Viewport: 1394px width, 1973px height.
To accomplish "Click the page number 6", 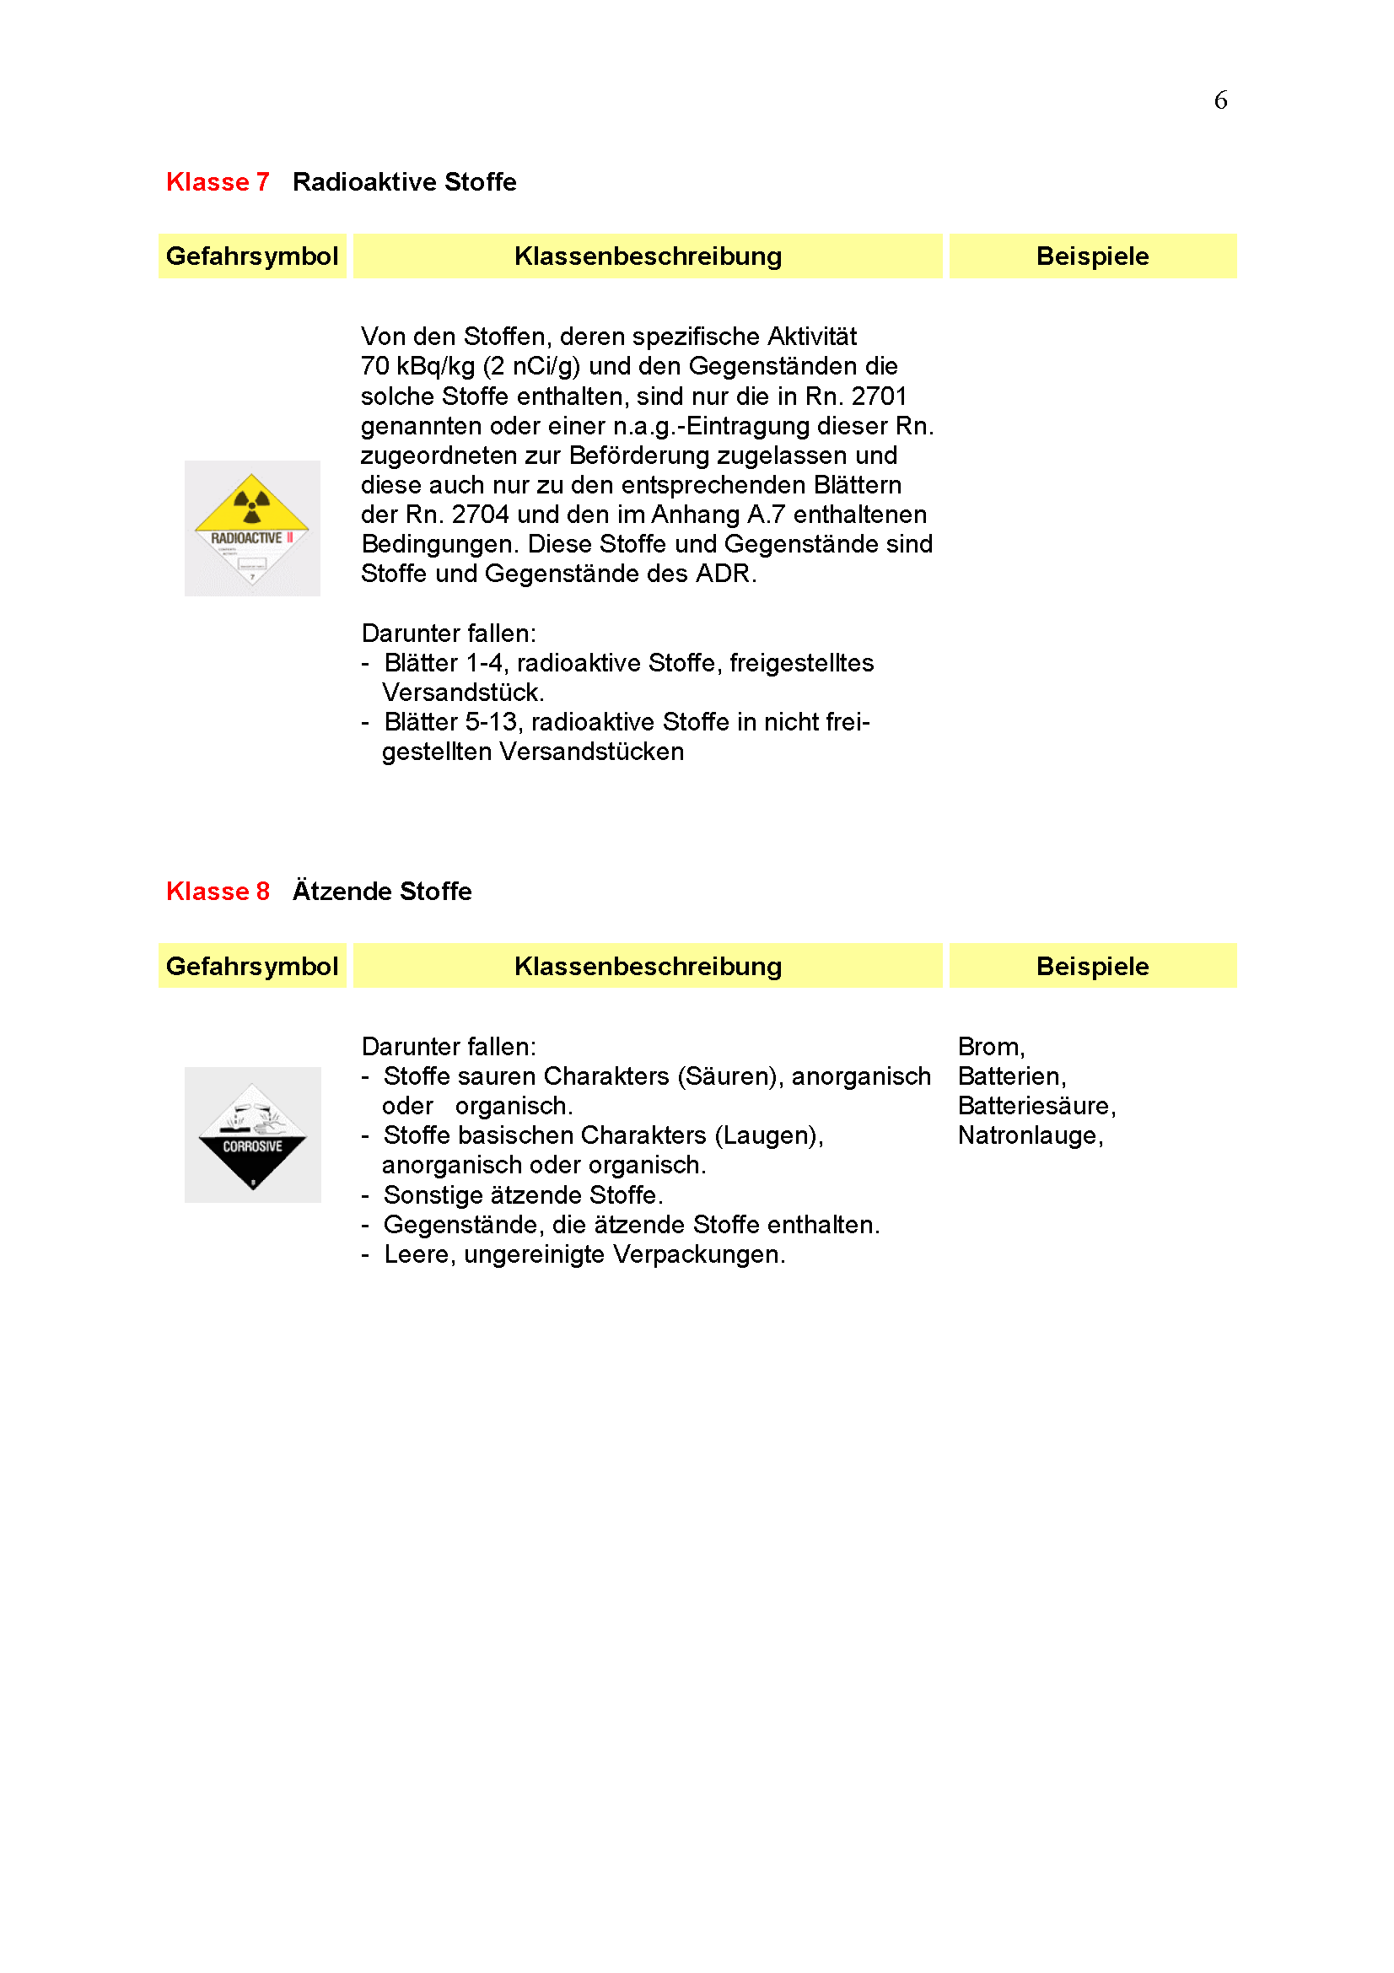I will pyautogui.click(x=1219, y=100).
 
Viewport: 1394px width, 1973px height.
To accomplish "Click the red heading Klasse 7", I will pyautogui.click(x=218, y=182).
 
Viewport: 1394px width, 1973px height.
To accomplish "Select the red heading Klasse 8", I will pyautogui.click(x=218, y=891).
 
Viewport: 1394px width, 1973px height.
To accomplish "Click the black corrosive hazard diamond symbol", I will pyautogui.click(x=252, y=1135).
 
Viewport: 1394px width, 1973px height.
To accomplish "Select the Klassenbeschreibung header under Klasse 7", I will pyautogui.click(x=648, y=256).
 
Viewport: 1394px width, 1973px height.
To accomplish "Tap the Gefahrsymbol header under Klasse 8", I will pyautogui.click(x=251, y=966).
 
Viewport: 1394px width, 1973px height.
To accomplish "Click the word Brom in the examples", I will pyautogui.click(x=988, y=1047).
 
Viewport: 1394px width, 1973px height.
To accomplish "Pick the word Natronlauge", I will pyautogui.click(x=1028, y=1136).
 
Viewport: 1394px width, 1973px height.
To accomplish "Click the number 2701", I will pyautogui.click(x=879, y=396).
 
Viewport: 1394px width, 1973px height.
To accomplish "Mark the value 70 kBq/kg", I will pyautogui.click(x=417, y=366).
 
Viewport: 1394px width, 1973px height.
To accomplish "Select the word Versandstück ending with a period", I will pyautogui.click(x=463, y=693).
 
